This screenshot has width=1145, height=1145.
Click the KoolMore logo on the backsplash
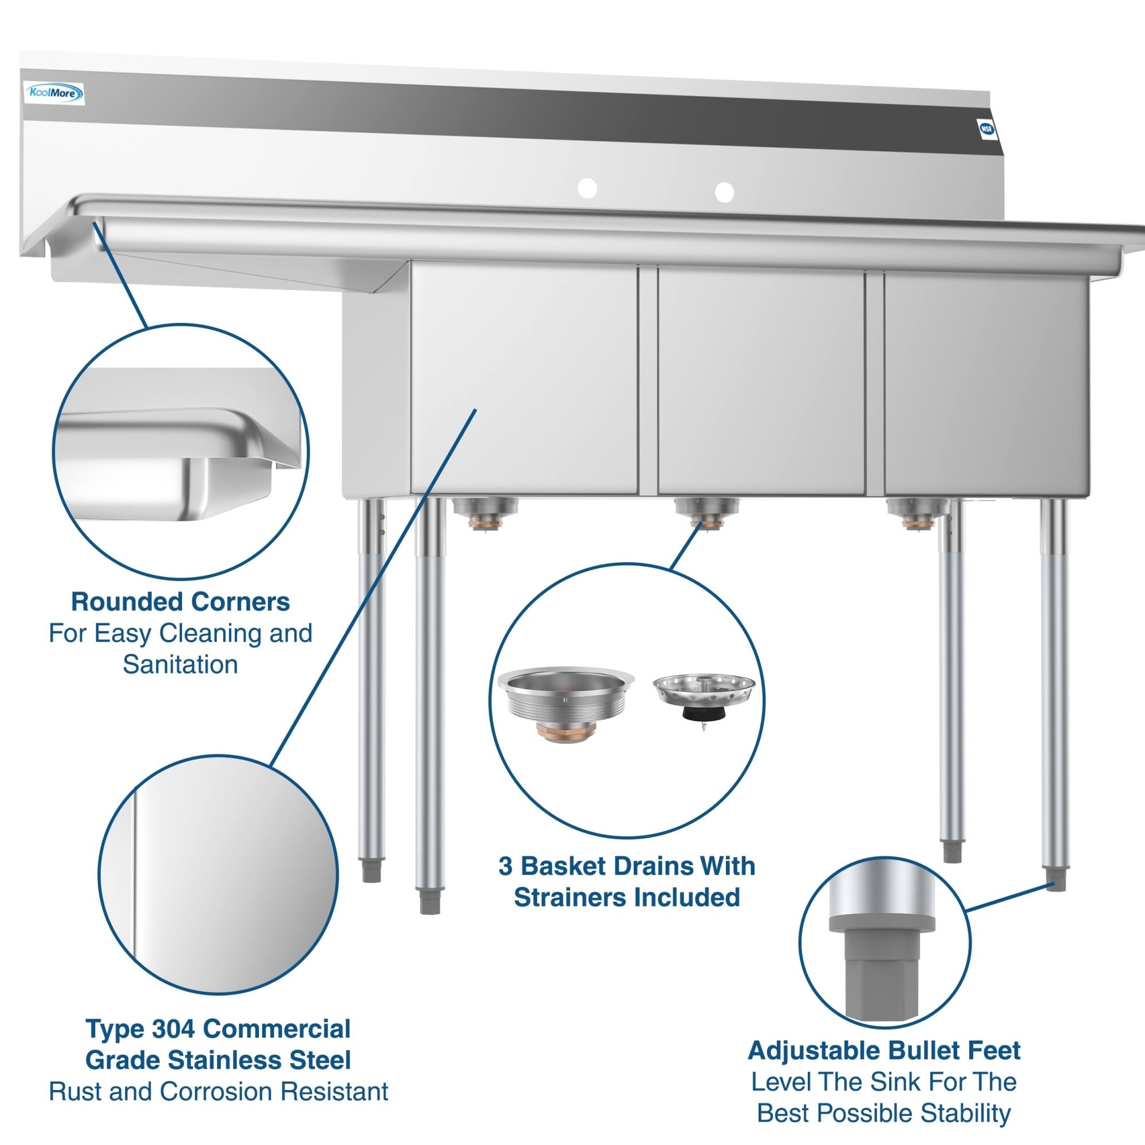coord(53,93)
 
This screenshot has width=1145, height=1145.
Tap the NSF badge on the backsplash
coord(986,131)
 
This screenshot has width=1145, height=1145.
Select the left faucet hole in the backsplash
coord(587,188)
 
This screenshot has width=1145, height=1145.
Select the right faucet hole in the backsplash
coord(724,191)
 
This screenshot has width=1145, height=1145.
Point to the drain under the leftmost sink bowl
coord(485,513)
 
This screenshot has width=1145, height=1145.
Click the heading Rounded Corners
coord(180,602)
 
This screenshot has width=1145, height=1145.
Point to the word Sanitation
coord(180,664)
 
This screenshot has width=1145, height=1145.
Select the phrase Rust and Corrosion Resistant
coord(218,1092)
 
